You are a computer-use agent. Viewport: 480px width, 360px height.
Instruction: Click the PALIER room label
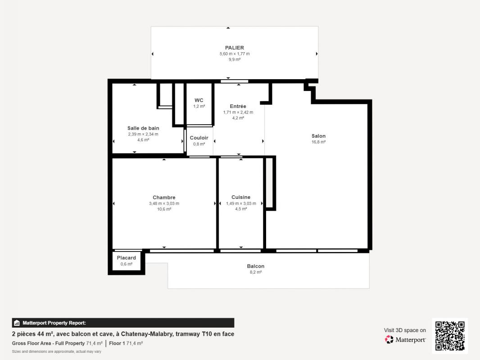235,48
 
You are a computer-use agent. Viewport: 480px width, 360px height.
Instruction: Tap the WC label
199,100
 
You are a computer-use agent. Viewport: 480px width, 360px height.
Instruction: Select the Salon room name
318,136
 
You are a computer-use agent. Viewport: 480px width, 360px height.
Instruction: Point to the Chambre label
164,198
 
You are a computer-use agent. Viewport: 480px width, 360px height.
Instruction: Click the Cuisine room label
241,197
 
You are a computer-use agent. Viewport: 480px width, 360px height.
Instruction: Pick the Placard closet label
127,258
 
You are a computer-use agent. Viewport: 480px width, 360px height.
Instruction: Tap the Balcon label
256,266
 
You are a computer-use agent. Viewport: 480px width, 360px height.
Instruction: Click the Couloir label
199,138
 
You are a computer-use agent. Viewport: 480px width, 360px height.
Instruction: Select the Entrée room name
238,107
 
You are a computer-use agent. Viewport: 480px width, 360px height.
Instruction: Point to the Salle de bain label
143,128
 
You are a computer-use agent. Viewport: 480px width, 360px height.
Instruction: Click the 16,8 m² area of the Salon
318,142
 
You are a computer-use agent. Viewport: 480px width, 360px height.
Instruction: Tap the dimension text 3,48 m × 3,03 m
164,204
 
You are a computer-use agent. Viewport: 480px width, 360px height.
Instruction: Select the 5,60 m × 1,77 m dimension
235,54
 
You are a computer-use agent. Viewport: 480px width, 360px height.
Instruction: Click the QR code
450,336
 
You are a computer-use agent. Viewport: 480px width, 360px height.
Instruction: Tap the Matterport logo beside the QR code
405,339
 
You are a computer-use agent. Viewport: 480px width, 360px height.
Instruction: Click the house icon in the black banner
17,323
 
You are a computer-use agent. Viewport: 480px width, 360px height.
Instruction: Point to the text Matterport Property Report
54,323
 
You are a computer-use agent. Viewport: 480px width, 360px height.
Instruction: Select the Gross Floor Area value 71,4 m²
94,343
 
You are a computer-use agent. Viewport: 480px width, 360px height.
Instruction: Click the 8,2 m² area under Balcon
256,272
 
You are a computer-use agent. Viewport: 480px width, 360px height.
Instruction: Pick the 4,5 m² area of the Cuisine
241,209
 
